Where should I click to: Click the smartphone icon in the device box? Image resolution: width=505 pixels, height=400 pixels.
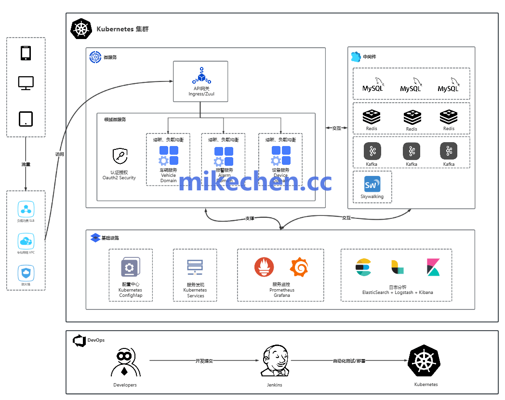coord(26,53)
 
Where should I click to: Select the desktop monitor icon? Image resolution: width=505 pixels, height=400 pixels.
coord(26,83)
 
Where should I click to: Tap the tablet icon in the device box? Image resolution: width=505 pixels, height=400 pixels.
coord(26,119)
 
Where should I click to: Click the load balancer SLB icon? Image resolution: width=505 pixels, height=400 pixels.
coord(26,210)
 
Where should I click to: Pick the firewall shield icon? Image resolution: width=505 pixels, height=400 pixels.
coord(26,273)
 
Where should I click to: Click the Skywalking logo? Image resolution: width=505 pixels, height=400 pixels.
coord(372,184)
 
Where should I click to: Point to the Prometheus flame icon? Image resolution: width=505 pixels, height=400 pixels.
coord(264,267)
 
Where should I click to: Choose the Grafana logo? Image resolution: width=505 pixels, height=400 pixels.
coord(299,267)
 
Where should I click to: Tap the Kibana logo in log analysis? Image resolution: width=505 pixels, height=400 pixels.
coord(433,267)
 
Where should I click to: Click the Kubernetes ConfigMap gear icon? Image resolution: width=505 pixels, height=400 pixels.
coord(130,267)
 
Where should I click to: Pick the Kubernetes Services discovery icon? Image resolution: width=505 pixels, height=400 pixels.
coord(195,267)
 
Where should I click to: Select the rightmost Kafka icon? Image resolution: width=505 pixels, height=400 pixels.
coord(449,151)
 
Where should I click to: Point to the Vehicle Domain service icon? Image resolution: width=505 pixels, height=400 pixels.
coord(169,156)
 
